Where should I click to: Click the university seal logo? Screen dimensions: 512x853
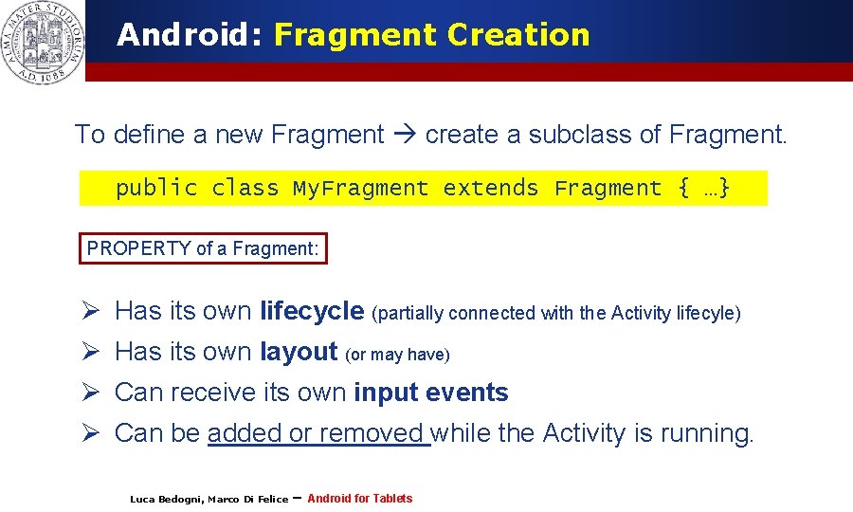point(43,43)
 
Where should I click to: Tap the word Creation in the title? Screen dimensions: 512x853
point(518,35)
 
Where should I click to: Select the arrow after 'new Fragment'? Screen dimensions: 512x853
point(405,135)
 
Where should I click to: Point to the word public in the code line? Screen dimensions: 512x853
point(156,188)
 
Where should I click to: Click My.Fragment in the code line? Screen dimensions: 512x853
point(360,188)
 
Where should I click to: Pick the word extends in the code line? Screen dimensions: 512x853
point(491,188)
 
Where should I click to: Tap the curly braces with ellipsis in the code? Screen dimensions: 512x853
point(703,188)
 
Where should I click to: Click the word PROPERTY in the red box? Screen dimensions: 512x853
point(138,248)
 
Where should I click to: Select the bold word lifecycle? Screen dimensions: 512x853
point(312,311)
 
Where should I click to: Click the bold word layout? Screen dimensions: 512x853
point(299,352)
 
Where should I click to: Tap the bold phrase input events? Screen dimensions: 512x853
point(431,393)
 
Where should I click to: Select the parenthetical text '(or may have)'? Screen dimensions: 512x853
point(398,355)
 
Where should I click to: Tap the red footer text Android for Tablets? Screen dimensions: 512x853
point(360,499)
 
